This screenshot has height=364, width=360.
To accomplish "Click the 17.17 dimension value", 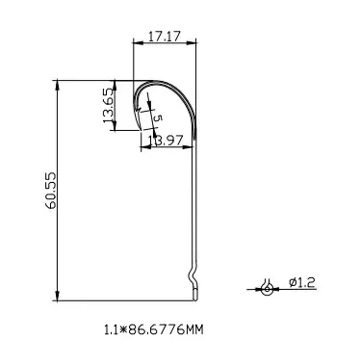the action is (x=164, y=37).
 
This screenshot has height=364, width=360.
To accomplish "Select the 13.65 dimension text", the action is (x=109, y=106).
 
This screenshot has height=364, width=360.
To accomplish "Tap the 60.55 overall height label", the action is (x=51, y=191).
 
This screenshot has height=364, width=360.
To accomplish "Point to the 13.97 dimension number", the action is (x=167, y=141).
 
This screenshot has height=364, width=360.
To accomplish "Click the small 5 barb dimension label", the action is (x=158, y=117).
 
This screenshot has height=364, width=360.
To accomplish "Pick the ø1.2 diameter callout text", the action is (x=302, y=282).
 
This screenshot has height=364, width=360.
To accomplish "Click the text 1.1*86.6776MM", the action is (x=154, y=329).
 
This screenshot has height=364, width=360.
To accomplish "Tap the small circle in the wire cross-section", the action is (x=267, y=289).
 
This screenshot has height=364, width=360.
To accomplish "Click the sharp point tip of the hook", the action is (x=141, y=130).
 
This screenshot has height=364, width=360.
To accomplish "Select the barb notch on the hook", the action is (x=138, y=110).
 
